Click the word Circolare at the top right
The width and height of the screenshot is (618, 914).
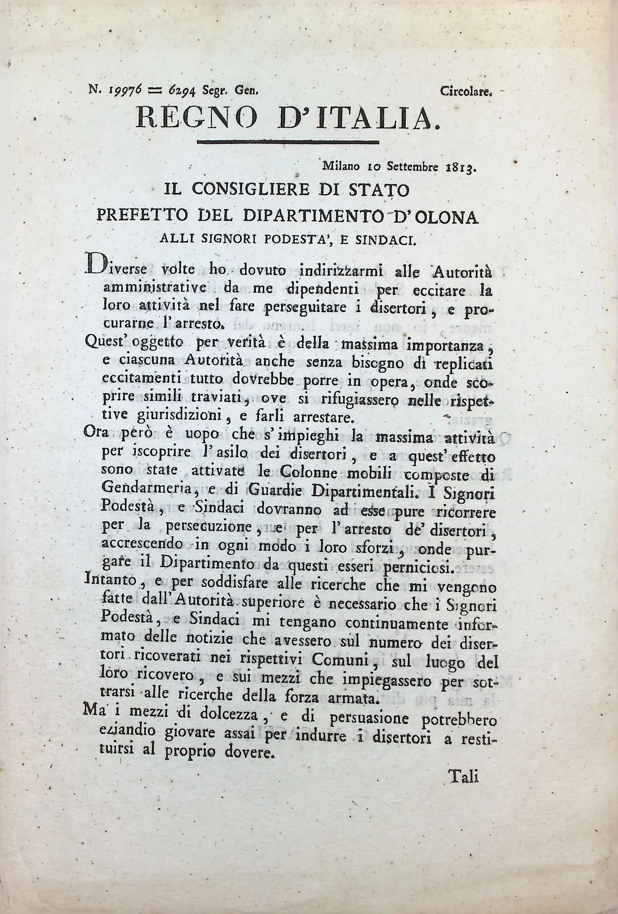[x=466, y=92]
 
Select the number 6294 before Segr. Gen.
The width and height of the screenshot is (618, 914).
[x=182, y=90]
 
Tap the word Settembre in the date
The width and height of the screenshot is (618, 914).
[x=413, y=166]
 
